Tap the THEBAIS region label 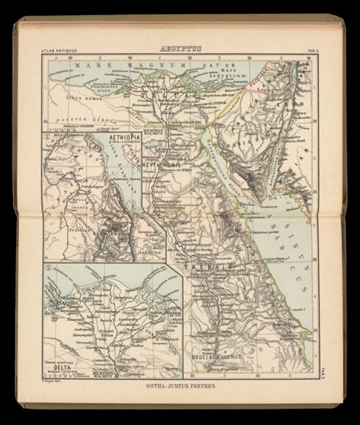coord(213,266)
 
